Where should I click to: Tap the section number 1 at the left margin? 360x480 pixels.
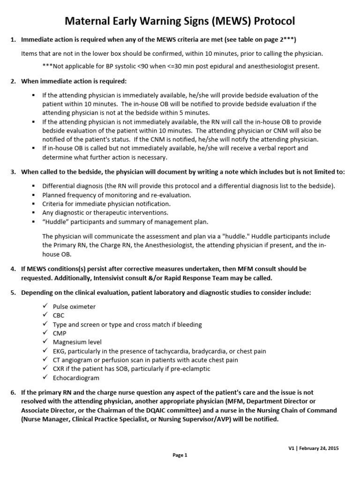(x=13, y=39)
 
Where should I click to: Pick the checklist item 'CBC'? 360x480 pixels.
(x=59, y=315)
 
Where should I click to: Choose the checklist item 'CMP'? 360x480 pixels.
(x=59, y=333)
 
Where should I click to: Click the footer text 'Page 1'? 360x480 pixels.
(x=180, y=455)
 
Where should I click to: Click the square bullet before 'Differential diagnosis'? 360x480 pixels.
(x=34, y=186)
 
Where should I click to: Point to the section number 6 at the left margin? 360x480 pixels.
(x=13, y=393)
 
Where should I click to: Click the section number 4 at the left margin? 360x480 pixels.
(x=13, y=269)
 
